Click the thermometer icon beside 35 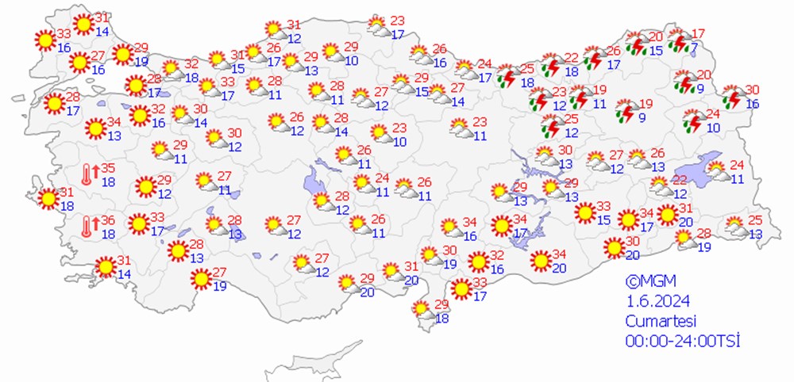click(89, 174)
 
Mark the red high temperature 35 click(109, 168)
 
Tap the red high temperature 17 click(698, 33)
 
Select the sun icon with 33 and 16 click(44, 39)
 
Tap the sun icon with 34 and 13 click(95, 128)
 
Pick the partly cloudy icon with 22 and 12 click(659, 186)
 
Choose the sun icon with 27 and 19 click(200, 279)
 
